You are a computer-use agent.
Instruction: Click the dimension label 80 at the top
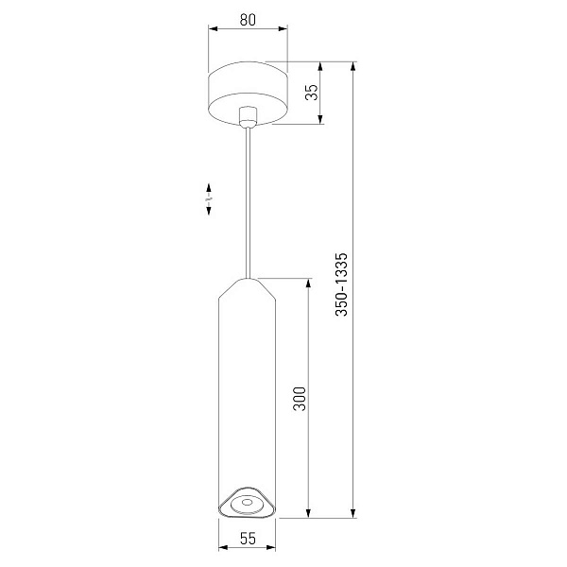tap(248, 20)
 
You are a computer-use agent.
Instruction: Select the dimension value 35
tap(311, 92)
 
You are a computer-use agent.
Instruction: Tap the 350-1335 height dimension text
tap(341, 284)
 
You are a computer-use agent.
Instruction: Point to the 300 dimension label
tap(300, 399)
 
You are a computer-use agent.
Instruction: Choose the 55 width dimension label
tap(248, 539)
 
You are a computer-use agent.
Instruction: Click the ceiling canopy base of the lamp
tap(248, 94)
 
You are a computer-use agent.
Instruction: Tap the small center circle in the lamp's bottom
tap(248, 502)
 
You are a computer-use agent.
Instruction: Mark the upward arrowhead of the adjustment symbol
tap(209, 188)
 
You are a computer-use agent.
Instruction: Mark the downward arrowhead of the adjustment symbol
tap(209, 211)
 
